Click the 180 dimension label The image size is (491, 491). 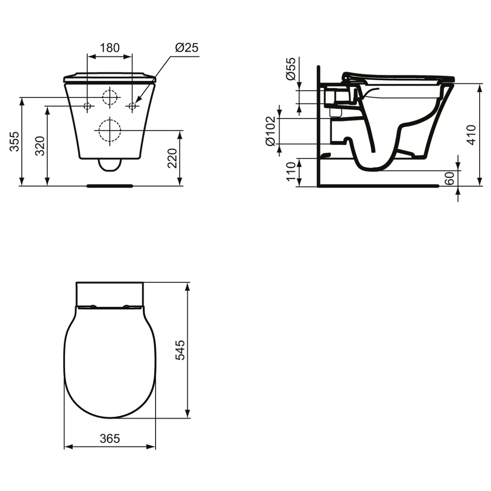tap(110, 48)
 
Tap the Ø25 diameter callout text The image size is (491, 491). tap(187, 48)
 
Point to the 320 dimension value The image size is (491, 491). tap(40, 146)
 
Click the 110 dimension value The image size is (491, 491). tap(291, 172)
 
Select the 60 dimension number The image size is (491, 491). tap(450, 178)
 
